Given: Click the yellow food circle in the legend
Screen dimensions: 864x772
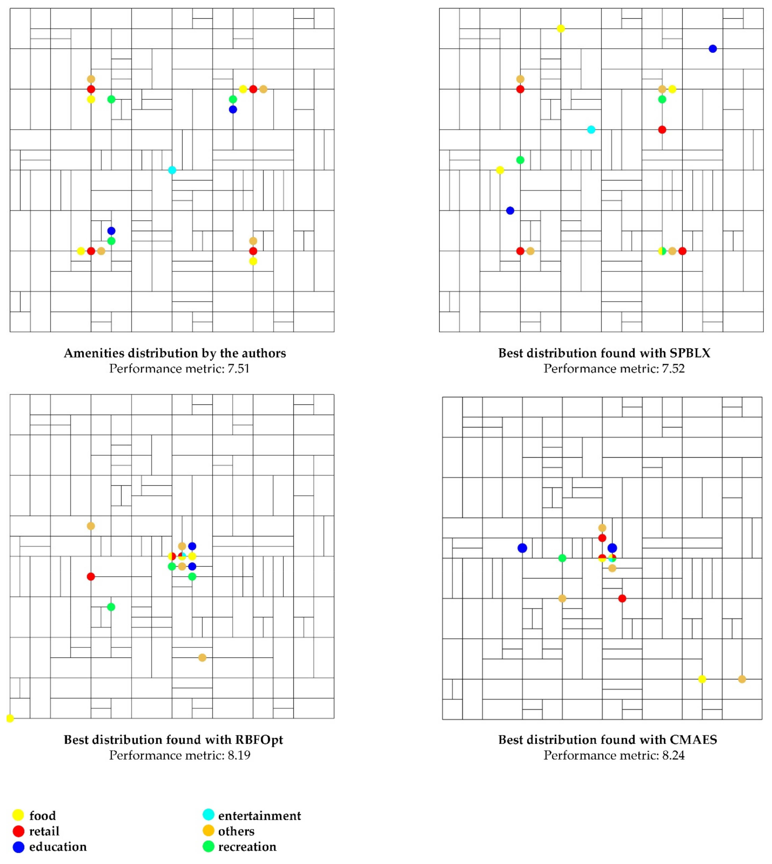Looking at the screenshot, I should pos(18,815).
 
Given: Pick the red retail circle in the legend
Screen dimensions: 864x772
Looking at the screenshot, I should pos(18,831).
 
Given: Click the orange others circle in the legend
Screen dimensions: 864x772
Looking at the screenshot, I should pos(208,831).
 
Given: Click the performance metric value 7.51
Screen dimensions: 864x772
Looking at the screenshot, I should pos(238,369).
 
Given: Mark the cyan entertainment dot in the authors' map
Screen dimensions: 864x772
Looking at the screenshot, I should pos(172,170).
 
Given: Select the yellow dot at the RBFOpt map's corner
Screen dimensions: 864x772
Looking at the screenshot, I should pos(10,718).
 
